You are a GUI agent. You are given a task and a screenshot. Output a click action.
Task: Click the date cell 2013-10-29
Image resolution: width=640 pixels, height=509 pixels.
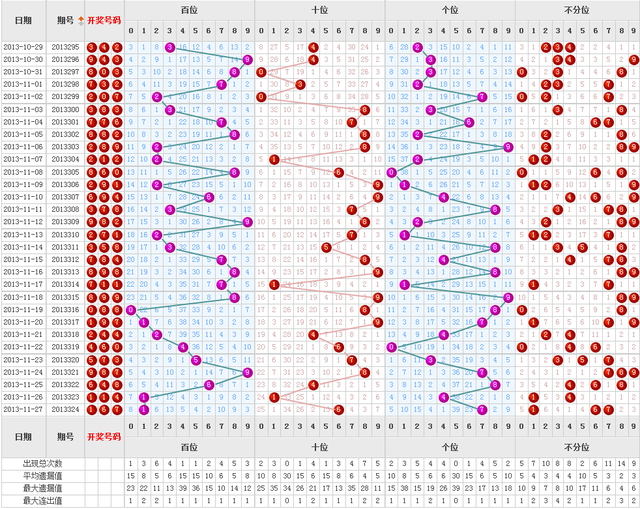point(21,47)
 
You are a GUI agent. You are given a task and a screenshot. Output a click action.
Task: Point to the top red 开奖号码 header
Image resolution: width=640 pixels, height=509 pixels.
point(104,20)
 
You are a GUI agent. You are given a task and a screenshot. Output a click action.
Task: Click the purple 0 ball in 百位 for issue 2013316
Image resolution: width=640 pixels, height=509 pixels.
point(131,310)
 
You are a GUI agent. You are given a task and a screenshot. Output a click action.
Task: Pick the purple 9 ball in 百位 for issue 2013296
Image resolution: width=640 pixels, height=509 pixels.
point(247,60)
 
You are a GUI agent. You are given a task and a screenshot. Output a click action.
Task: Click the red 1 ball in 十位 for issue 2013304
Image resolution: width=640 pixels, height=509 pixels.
point(274,160)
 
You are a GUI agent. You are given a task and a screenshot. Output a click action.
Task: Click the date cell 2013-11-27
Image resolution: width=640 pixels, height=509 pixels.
point(21,409)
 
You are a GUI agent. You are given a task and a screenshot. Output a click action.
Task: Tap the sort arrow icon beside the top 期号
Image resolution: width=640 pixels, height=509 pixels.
point(81,19)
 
